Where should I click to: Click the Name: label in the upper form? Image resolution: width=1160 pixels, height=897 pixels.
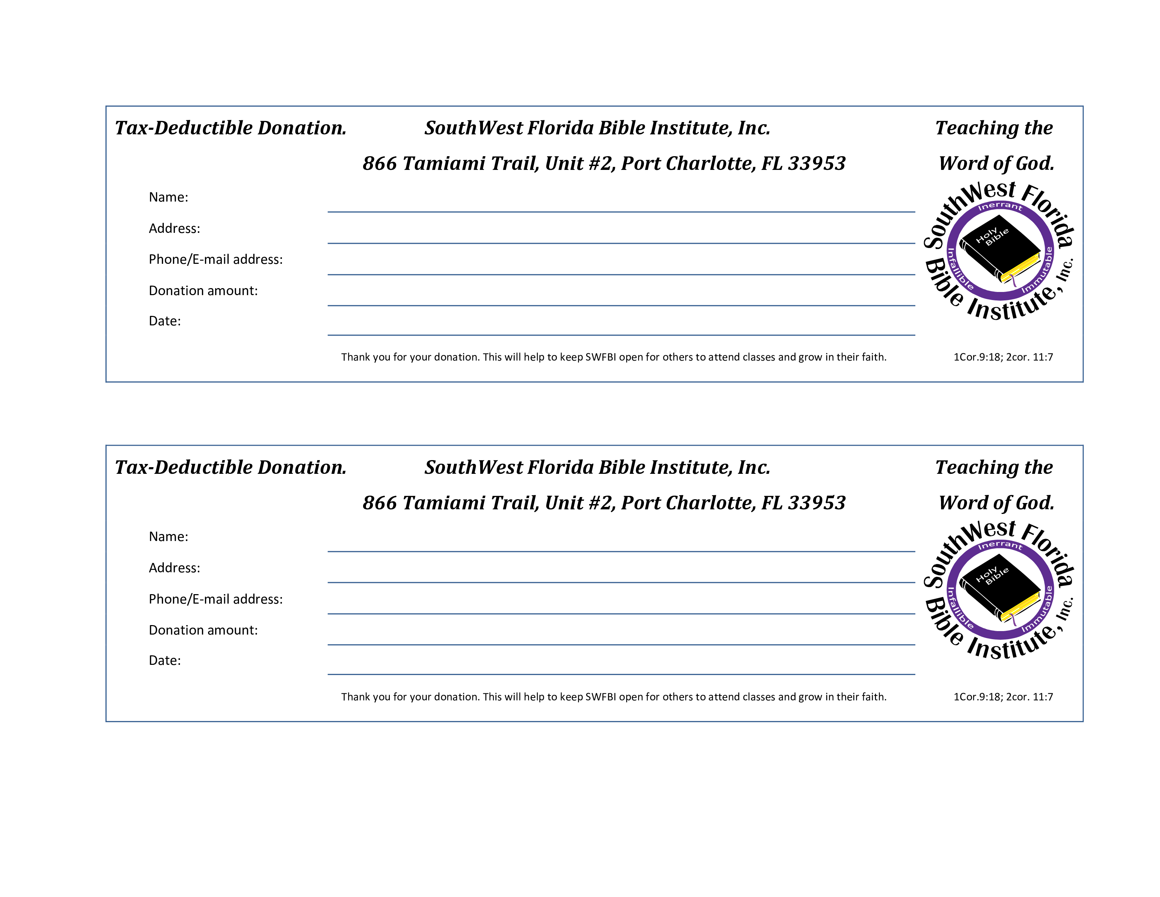168,197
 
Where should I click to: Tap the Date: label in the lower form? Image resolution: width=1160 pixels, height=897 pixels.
165,661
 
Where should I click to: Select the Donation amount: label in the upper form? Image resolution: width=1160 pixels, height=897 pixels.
203,291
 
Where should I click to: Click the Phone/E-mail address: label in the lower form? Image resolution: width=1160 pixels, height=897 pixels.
215,599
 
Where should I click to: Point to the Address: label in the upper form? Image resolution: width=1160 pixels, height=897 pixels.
174,229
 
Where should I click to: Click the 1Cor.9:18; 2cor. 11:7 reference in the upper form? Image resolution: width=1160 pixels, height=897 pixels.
1003,357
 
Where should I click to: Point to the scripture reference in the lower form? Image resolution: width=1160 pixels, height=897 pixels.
1003,696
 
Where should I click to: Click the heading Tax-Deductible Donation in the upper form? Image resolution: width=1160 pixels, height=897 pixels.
231,128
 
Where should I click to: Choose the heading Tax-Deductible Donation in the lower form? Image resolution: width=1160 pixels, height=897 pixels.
231,467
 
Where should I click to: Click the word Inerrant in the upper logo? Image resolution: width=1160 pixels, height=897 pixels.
1000,206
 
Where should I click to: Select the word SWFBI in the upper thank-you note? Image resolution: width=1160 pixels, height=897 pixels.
601,357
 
